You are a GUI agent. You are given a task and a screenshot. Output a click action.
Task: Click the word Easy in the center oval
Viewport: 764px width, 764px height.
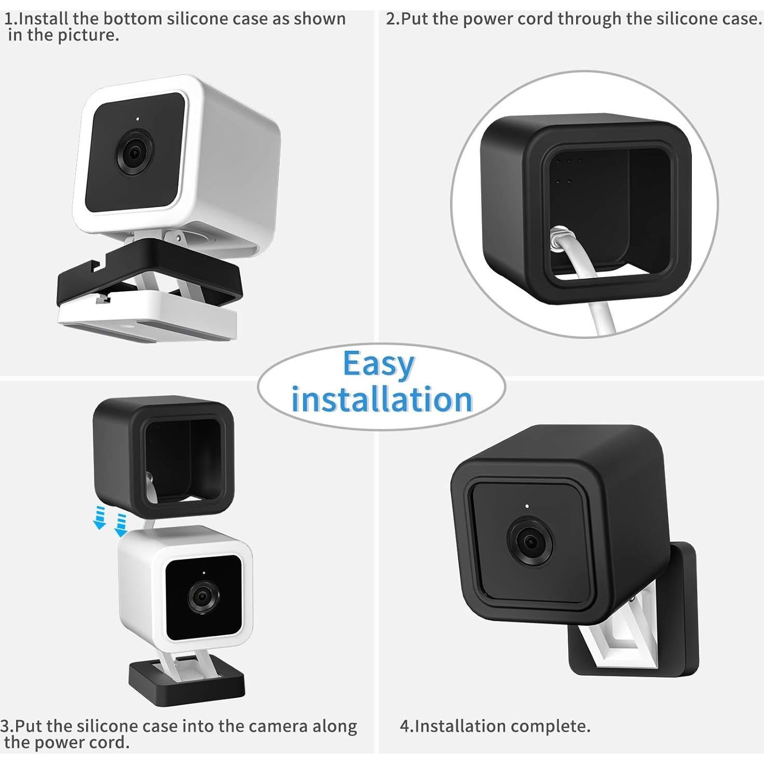378,364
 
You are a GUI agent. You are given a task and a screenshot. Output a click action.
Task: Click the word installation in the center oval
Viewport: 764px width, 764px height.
381,400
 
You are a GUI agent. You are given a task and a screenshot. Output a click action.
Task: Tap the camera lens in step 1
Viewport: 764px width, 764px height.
134,153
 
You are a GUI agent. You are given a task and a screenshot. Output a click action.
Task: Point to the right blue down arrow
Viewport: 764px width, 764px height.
121,525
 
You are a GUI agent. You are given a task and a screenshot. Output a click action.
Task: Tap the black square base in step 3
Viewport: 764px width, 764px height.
187,683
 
